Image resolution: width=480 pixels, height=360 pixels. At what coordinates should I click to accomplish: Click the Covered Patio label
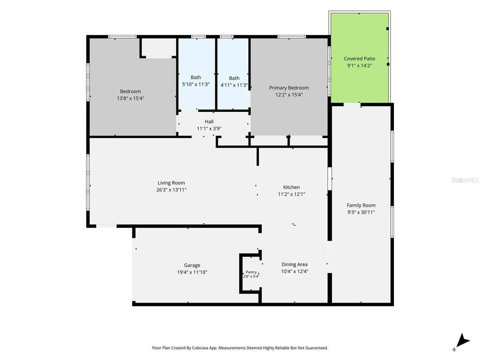[x=359, y=58]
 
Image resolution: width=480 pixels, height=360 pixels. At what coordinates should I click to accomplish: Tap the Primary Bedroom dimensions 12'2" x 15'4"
[x=289, y=95]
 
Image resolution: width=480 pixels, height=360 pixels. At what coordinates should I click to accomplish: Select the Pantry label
[x=251, y=272]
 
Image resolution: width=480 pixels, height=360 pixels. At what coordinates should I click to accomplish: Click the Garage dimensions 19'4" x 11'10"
[x=192, y=272]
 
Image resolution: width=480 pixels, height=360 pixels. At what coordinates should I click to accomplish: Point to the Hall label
[x=209, y=122]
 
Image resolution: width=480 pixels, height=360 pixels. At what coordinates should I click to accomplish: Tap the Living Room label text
[x=171, y=183]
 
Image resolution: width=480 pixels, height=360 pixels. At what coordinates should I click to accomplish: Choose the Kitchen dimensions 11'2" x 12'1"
[x=291, y=194]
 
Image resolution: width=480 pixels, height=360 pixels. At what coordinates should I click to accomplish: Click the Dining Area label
[x=294, y=264]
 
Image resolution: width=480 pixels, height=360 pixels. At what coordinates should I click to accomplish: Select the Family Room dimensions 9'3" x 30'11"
[x=361, y=212]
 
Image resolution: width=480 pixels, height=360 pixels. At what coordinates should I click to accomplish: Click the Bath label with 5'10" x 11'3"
[x=196, y=77]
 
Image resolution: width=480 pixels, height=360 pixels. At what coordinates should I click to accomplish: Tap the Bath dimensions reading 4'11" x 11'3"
[x=234, y=85]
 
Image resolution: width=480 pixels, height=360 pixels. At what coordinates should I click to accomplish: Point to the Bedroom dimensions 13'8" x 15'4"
[x=130, y=98]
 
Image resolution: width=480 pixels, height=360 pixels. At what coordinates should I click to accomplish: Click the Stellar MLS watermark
[x=465, y=180]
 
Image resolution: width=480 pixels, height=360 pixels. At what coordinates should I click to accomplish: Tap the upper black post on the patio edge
[x=388, y=29]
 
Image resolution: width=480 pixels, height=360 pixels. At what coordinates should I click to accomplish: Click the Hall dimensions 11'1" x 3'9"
[x=209, y=128]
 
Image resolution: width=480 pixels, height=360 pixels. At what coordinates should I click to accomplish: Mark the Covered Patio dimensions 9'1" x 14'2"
[x=359, y=66]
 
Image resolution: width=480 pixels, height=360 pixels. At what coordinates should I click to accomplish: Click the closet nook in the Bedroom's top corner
[x=159, y=48]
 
